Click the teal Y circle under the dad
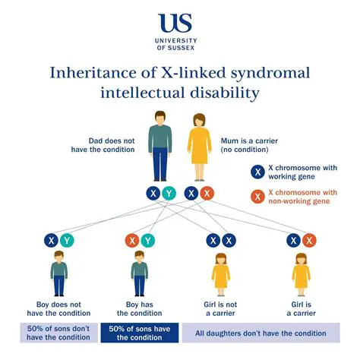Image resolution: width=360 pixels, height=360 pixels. tap(169, 194)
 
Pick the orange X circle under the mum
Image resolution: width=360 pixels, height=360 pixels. tap(207, 194)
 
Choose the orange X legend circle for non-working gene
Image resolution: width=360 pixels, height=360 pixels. tap(257, 196)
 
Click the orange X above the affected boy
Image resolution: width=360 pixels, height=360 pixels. tap(131, 241)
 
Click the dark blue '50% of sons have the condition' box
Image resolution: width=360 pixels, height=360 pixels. tap(140, 333)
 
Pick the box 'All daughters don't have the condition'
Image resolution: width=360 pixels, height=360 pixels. tap(261, 333)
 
